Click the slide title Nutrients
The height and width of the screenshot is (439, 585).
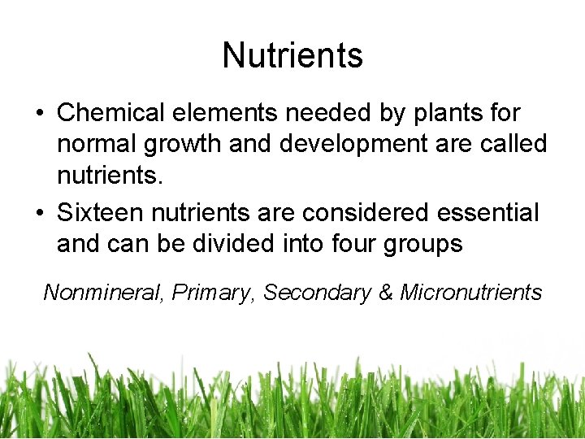click(292, 55)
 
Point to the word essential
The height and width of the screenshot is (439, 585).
click(487, 213)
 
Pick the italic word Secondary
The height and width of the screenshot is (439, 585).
click(317, 293)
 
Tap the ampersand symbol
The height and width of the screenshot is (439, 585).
click(386, 293)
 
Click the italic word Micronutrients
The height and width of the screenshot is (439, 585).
click(471, 293)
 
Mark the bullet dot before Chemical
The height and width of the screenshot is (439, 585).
click(40, 113)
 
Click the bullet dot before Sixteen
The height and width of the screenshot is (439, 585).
click(40, 214)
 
